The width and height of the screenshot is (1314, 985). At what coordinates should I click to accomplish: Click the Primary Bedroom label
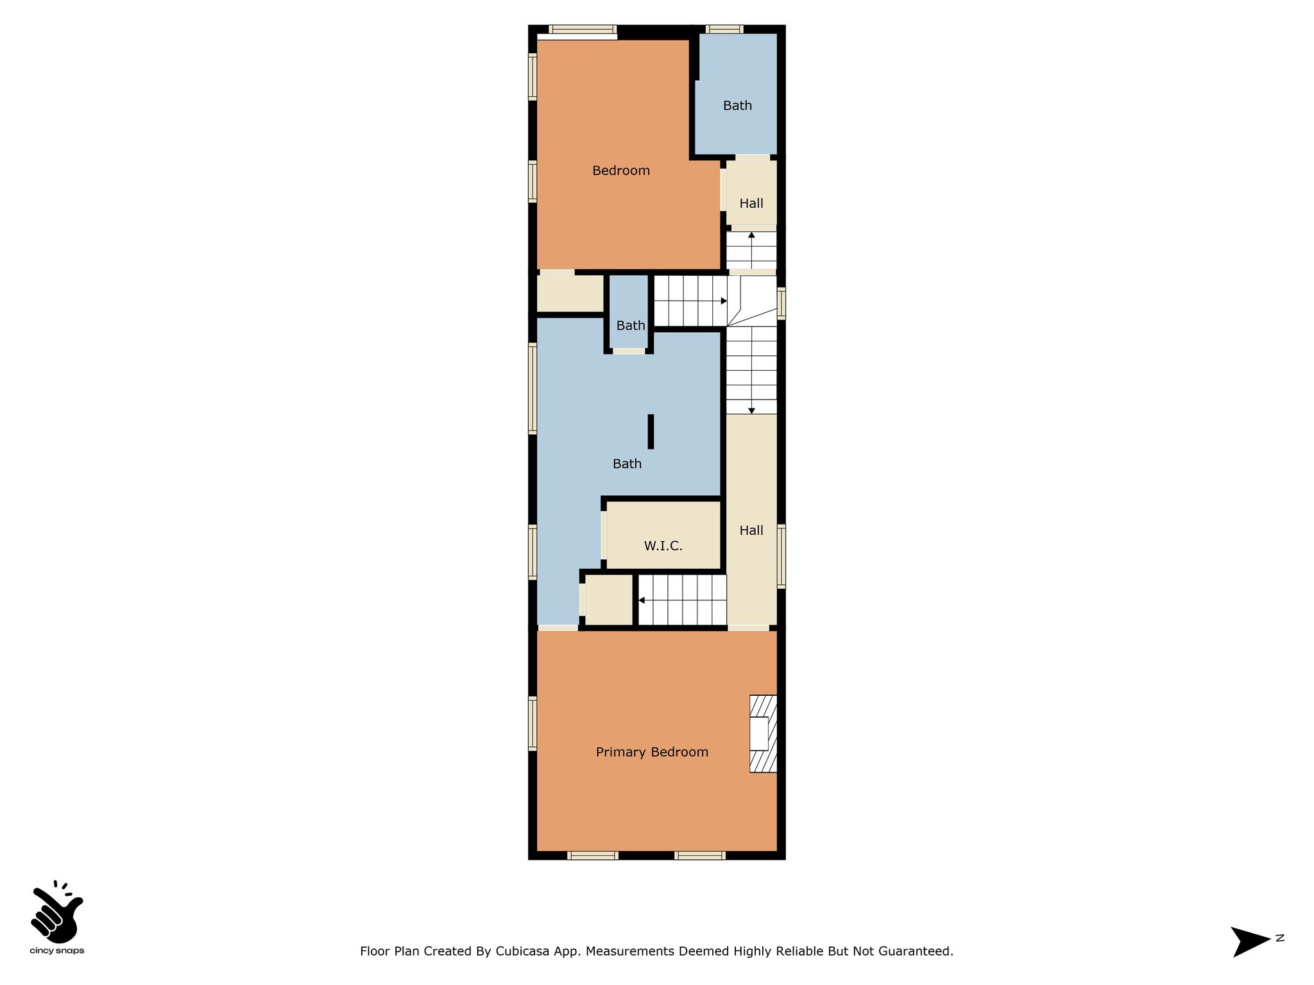point(652,752)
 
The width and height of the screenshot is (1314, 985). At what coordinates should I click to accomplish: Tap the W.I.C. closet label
point(663,546)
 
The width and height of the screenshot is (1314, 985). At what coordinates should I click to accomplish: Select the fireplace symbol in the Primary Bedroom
point(763,734)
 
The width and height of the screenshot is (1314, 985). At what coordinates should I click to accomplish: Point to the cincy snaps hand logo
point(56,913)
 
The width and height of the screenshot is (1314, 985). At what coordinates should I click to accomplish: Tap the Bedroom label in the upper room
point(621,171)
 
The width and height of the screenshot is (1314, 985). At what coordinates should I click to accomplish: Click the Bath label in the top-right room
point(737,106)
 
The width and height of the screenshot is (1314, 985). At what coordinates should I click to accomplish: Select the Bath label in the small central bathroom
point(631,326)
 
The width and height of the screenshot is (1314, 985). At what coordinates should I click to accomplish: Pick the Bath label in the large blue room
point(627,464)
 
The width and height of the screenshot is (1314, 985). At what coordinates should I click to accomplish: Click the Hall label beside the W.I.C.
point(751,530)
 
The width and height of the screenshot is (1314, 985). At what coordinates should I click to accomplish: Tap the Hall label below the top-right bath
point(751,203)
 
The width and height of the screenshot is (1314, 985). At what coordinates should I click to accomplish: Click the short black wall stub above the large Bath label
point(651,432)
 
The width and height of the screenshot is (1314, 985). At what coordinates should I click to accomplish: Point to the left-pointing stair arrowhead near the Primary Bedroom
point(642,600)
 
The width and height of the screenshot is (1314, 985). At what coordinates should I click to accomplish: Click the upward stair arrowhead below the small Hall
point(751,235)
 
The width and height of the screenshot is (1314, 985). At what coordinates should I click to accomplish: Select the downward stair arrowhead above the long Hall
point(751,410)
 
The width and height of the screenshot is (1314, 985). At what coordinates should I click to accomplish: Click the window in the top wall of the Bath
point(724,29)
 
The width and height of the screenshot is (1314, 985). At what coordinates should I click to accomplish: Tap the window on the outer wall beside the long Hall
point(781,556)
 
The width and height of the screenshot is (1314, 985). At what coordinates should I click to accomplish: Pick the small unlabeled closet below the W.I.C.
point(609,600)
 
